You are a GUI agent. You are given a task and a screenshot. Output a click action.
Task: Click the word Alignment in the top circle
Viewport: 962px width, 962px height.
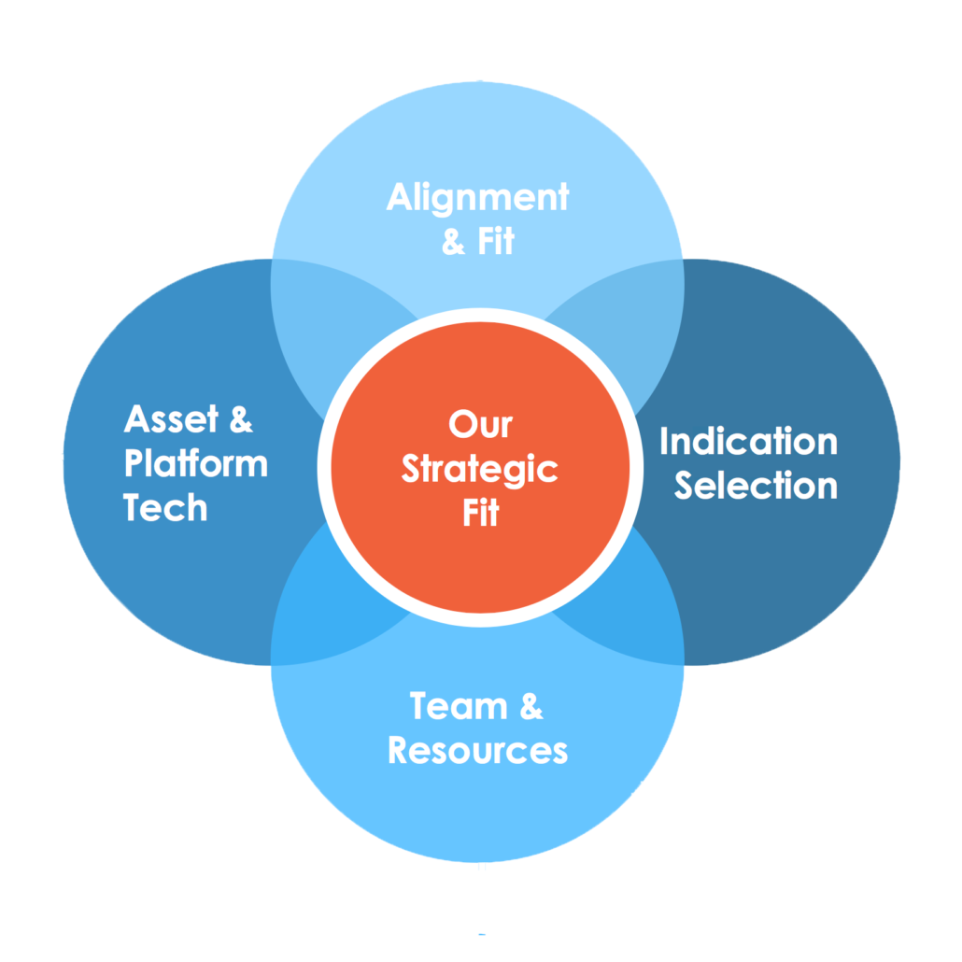point(477,198)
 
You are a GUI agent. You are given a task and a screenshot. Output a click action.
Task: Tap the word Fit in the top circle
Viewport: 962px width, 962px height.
point(495,243)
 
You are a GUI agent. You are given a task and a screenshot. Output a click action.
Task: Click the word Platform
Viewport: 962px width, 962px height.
point(195,464)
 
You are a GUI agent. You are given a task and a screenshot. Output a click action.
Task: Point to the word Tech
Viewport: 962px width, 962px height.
point(165,508)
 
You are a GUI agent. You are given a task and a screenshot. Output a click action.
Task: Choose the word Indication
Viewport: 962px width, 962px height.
point(748,442)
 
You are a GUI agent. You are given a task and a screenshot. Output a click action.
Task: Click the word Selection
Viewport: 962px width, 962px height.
point(756,486)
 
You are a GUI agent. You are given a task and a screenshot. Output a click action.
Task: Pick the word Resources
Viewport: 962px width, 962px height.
point(477,751)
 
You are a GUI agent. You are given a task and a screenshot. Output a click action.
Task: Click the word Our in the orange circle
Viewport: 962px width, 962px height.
point(480,425)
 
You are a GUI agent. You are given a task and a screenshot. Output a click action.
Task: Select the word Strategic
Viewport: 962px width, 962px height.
point(480,469)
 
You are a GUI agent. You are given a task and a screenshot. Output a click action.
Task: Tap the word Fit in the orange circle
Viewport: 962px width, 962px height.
point(481,513)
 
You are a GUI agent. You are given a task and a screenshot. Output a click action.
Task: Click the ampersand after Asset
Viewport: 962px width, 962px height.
point(240,420)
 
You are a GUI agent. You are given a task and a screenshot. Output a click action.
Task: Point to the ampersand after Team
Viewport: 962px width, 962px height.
point(530,707)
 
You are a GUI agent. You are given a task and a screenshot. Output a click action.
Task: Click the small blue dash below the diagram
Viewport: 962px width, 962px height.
point(482,933)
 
